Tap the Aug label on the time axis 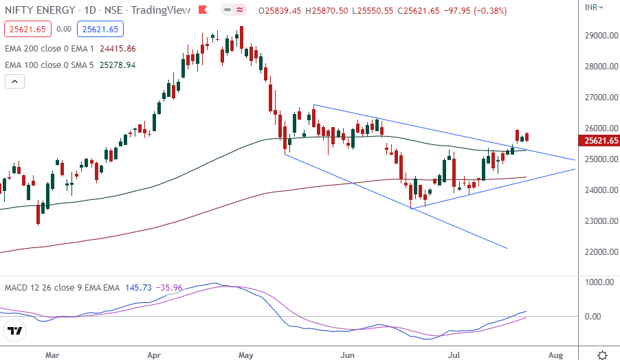coord(555,355)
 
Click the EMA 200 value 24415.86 coord(118,49)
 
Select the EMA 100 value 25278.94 coord(118,65)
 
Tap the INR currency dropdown coord(595,8)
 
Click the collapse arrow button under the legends coord(15,82)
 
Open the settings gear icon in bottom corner coord(602,355)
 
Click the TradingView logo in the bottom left coord(15,332)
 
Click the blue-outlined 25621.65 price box coord(100,29)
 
